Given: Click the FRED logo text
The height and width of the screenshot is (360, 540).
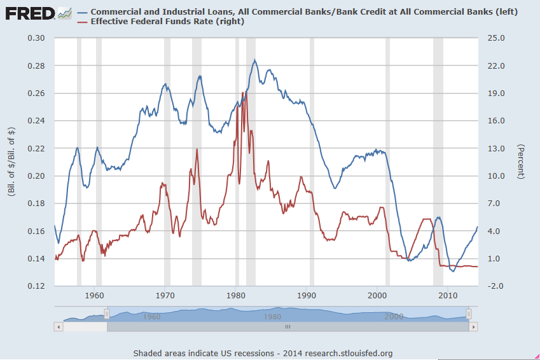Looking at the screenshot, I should coord(29,13).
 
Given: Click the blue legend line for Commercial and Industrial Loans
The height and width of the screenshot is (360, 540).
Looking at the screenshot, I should coord(81,12).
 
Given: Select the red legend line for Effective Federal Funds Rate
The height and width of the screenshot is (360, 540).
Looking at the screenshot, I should coord(81,22).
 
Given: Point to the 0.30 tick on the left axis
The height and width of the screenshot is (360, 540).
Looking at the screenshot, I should coord(37,38).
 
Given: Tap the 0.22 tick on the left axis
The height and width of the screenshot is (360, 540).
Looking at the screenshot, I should coord(37,149).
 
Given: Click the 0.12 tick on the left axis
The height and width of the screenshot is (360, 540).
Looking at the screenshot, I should coord(37,286).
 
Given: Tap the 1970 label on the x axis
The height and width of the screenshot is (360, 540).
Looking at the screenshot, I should coord(165,296).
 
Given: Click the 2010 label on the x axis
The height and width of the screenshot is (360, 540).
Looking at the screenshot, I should coord(448,296).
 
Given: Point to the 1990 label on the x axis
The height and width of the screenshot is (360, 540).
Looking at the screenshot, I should coord(307,296).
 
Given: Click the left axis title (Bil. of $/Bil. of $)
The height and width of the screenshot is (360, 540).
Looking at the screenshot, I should coord(11,162).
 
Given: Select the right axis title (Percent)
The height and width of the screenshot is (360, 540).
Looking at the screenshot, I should coord(521,162).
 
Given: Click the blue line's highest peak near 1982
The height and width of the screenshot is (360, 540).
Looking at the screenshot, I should coord(255,60).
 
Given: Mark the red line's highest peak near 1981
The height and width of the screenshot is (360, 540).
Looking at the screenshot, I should coord(243,93).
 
